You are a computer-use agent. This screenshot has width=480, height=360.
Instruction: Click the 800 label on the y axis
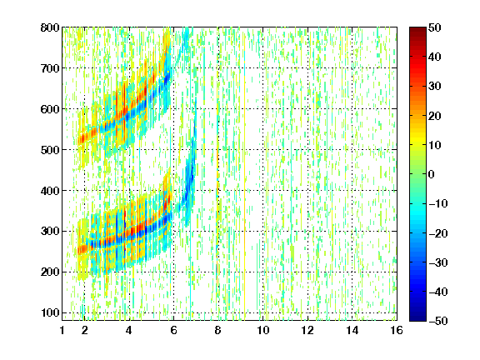click(x=50, y=27)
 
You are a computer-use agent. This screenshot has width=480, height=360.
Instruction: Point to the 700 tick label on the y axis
click(x=50, y=68)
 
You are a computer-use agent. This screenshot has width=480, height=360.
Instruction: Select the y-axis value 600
click(x=50, y=109)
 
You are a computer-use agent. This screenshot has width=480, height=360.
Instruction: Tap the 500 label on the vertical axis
click(x=50, y=150)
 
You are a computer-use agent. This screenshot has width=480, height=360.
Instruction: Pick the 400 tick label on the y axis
click(x=50, y=191)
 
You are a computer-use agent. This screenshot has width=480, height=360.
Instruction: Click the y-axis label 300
click(x=50, y=231)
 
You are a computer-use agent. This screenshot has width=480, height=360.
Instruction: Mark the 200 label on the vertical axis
click(x=50, y=272)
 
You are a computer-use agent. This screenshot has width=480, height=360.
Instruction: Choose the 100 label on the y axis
click(x=50, y=312)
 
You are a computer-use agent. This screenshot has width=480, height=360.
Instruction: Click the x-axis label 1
click(x=62, y=330)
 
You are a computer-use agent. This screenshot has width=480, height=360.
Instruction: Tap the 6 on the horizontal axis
click(x=173, y=330)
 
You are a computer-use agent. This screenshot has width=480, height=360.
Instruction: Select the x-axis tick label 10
click(x=262, y=330)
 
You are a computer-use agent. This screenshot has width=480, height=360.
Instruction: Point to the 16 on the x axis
click(x=397, y=330)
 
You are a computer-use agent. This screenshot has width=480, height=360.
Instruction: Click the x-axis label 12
click(x=307, y=330)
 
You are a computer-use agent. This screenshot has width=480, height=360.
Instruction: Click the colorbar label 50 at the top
click(x=434, y=27)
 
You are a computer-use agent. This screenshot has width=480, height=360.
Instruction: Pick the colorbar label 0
click(x=432, y=174)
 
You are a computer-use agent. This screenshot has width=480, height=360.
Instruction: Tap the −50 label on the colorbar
click(x=438, y=321)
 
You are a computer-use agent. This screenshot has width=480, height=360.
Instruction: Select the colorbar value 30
click(x=434, y=86)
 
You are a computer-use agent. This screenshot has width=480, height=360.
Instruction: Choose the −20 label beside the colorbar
click(x=438, y=233)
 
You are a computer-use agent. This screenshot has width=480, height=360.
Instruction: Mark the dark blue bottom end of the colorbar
click(x=417, y=318)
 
